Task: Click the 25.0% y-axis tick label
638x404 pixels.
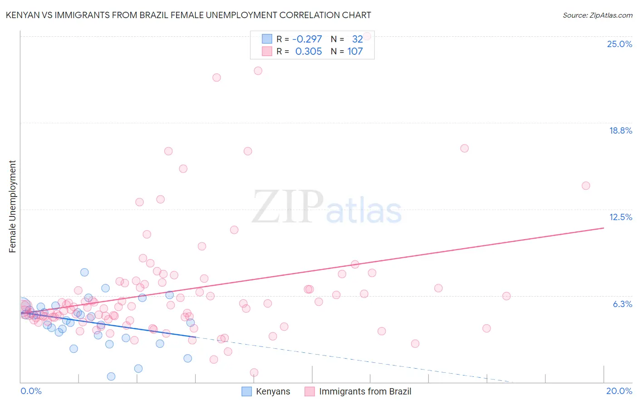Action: tap(619, 44)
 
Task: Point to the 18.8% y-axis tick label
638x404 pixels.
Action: tap(620, 130)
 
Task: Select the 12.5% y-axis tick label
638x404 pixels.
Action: tap(620, 217)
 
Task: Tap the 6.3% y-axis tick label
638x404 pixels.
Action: tap(622, 304)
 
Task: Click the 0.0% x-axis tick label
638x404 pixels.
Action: tap(31, 391)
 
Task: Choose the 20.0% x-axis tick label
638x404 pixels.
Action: tap(619, 391)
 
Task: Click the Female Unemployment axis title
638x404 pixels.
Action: tap(12, 206)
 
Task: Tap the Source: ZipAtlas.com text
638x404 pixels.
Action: tap(597, 15)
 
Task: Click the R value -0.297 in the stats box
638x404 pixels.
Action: tap(307, 39)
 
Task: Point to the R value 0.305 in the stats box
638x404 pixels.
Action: tap(309, 52)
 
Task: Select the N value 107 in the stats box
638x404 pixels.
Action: tap(355, 52)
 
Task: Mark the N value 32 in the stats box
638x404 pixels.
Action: tap(357, 39)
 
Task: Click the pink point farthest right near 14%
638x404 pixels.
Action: tap(586, 186)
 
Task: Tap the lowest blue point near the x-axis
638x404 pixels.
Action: tap(111, 376)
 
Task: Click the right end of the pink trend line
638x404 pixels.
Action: tap(604, 228)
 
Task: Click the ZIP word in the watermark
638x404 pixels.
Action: tap(288, 207)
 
